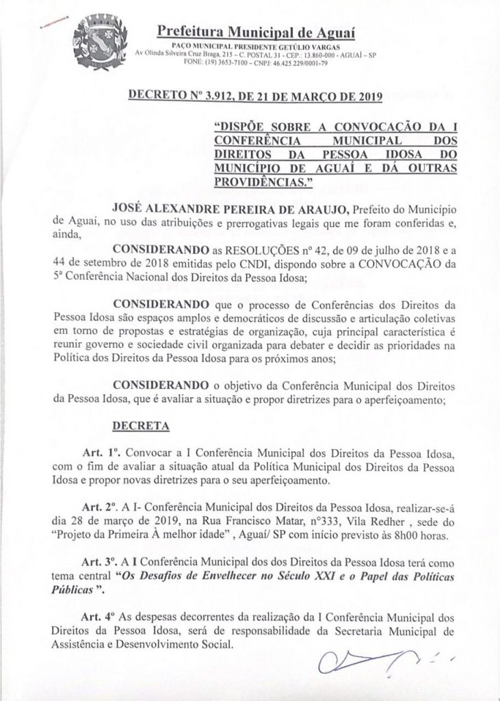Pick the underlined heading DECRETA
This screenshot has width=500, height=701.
140,424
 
